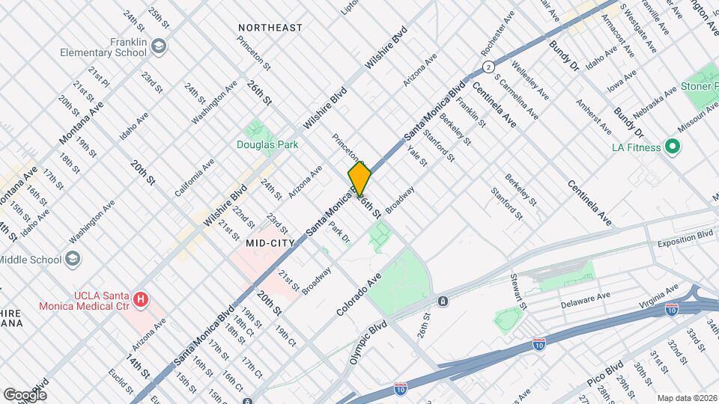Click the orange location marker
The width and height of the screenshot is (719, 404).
click(360, 179)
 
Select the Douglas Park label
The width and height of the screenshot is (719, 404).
click(267, 144)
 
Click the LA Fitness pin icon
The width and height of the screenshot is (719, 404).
click(672, 147)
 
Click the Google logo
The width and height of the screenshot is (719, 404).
click(25, 394)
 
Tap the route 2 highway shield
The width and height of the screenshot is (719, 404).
click(488, 67)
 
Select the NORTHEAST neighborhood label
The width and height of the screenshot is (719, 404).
click(270, 28)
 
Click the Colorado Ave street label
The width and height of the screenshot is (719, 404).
click(359, 293)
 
